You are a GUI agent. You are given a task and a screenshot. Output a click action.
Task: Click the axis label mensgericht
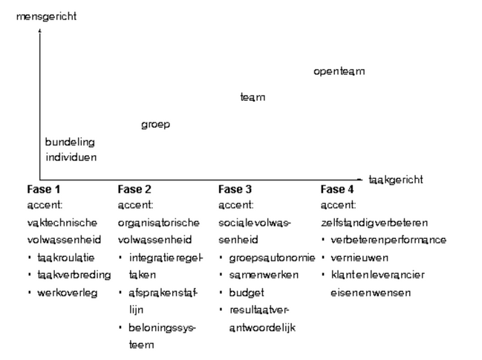[x=46, y=16]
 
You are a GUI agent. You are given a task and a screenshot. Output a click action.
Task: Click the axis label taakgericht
[x=396, y=180]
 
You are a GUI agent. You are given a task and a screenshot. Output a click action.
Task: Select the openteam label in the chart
[x=339, y=71]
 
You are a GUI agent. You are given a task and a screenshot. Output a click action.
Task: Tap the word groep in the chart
[x=155, y=125]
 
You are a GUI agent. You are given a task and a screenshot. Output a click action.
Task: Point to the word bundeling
[x=70, y=143]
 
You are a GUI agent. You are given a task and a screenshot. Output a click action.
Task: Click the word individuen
[x=71, y=157]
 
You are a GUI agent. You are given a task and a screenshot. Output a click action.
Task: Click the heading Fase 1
[x=43, y=189]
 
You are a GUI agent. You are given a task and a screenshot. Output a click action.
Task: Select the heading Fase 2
[x=134, y=189]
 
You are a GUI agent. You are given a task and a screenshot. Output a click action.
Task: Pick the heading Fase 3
[x=235, y=189]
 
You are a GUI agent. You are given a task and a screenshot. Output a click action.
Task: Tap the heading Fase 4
[x=337, y=189]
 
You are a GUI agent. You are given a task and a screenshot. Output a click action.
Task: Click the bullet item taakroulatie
[x=66, y=258]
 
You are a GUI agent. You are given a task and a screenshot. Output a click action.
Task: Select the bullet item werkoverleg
[x=68, y=292]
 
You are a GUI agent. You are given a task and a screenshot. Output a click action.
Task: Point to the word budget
[x=247, y=292]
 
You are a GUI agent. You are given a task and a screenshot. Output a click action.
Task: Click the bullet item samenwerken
[x=264, y=275]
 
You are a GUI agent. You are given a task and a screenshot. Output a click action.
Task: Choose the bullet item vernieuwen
[x=359, y=258]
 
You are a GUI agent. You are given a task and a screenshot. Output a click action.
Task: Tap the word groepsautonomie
[x=272, y=258]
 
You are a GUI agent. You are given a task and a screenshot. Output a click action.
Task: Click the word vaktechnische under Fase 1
[x=62, y=223]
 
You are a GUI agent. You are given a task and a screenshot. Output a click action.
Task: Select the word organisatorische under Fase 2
[x=159, y=223]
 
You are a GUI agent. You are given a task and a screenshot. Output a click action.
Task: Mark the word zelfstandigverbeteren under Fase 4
[x=374, y=223]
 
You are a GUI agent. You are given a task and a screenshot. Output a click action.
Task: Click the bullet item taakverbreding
[x=74, y=275]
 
